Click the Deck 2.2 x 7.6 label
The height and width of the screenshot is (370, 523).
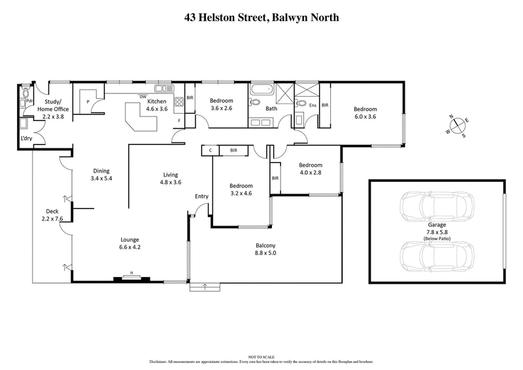click(52, 215)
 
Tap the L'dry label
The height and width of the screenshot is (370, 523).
click(27, 139)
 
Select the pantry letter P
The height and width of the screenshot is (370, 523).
click(88, 103)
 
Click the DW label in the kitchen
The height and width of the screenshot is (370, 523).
click(142, 97)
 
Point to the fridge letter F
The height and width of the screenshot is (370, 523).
click(178, 120)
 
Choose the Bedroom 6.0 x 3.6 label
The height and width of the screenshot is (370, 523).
click(365, 113)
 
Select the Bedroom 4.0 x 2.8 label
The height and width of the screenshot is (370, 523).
click(310, 169)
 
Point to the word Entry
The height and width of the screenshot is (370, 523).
click(202, 196)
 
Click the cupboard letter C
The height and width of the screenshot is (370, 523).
click(210, 150)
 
